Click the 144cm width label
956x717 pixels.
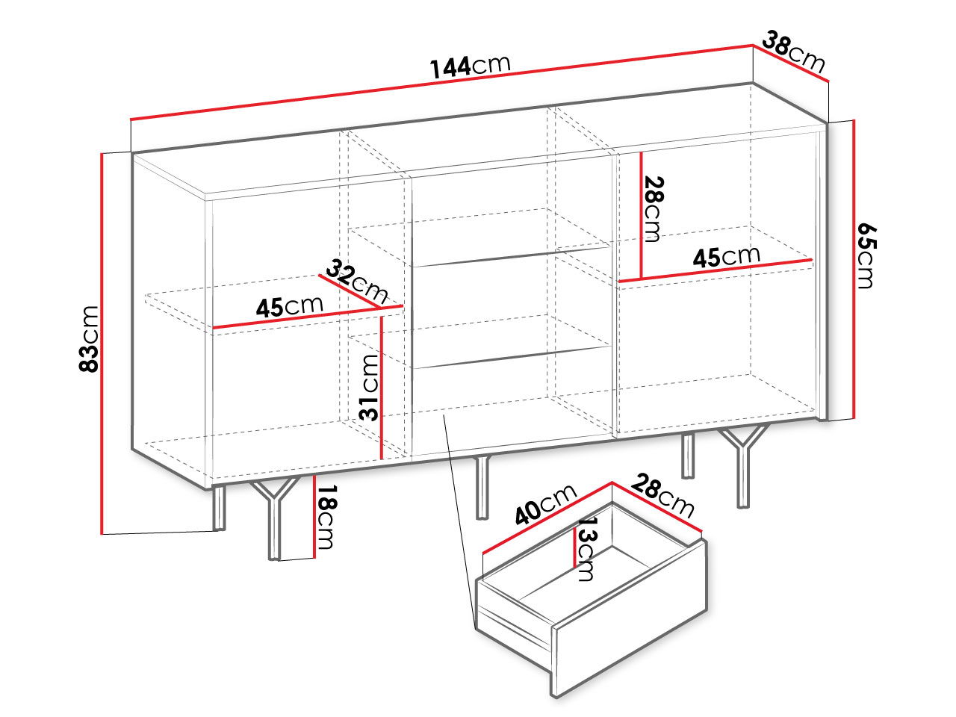pos(470,66)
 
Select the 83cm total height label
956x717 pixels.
pos(90,339)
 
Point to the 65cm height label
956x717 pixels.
pos(866,256)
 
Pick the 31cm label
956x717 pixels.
pos(369,388)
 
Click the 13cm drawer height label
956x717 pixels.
pos(586,549)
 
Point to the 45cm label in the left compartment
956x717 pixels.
pos(290,306)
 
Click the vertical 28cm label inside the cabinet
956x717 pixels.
pos(653,209)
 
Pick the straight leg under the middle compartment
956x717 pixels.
pos(482,488)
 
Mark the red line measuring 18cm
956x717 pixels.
pos(314,516)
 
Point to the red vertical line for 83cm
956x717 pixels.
pos(102,344)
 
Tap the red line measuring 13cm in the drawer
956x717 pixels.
pos(575,547)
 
